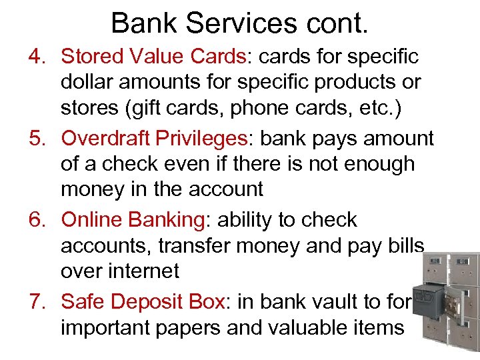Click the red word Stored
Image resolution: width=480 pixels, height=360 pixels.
pyautogui.click(x=91, y=57)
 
